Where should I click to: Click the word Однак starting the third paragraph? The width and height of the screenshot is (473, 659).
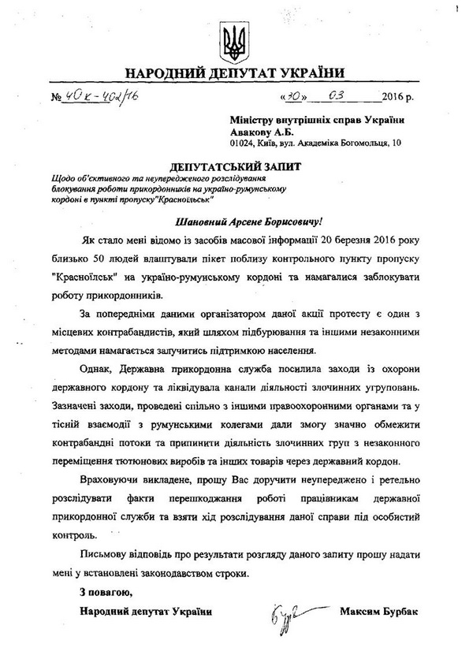98,371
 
